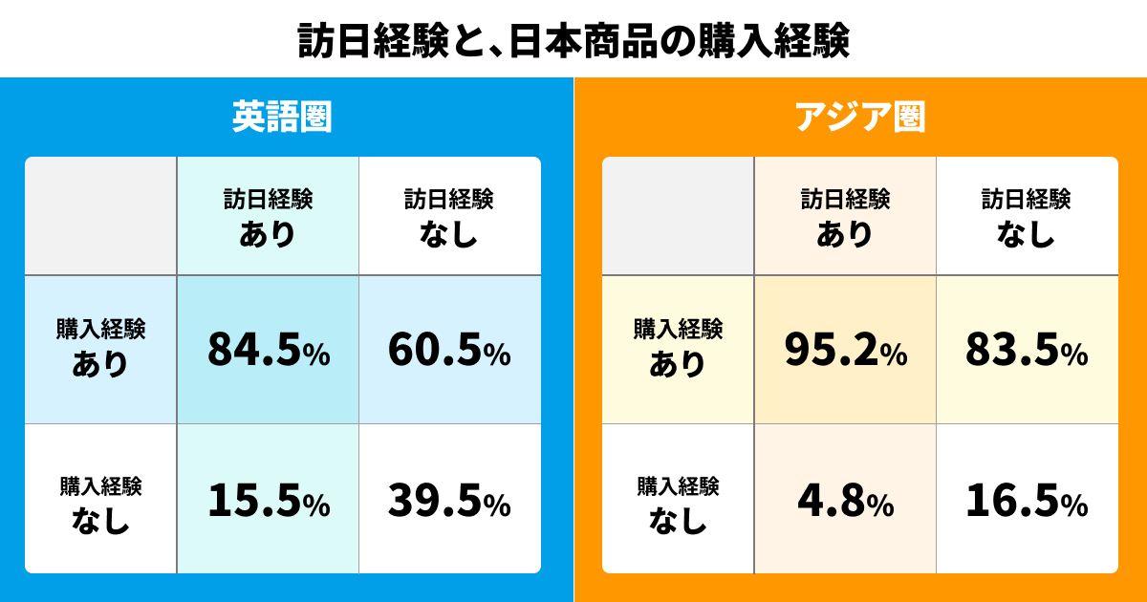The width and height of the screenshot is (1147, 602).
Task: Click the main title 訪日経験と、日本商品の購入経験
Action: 573,40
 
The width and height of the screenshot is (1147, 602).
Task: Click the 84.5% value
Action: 269,351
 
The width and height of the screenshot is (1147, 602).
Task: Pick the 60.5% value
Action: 449,351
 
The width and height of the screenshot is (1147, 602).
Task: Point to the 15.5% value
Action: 269,500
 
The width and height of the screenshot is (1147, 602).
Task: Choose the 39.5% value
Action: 449,500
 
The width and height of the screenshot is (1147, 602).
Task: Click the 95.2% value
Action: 845,351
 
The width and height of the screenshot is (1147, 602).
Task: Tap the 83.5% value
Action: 1027,351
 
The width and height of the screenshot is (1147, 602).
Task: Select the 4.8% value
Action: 845,500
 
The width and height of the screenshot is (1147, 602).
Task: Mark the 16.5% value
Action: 1027,500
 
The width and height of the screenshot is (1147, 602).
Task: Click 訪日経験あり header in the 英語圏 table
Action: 269,216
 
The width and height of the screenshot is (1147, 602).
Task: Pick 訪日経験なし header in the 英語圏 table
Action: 449,216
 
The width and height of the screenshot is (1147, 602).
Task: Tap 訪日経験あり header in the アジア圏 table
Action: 845,216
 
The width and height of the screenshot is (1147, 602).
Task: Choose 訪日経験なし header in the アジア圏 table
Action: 1027,216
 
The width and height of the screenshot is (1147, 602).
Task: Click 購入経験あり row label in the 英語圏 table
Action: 100,348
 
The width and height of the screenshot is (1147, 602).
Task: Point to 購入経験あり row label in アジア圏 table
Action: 678,348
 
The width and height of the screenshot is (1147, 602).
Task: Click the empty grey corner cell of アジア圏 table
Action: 678,216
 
